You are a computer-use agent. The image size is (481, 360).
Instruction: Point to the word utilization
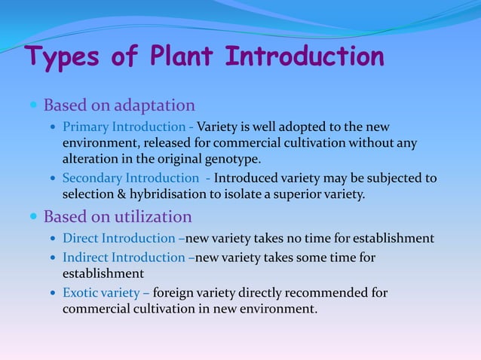pos(153,217)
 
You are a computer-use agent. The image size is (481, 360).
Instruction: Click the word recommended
pos(325,292)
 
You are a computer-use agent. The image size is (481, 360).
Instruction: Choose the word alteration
pos(87,160)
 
